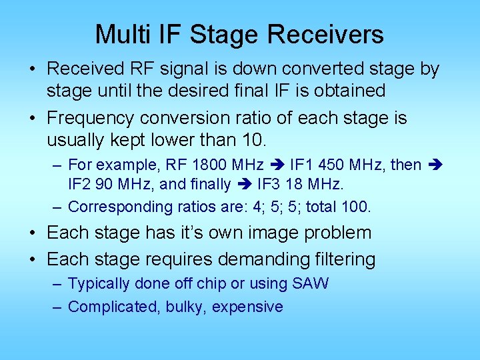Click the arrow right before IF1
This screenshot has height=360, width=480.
(277, 165)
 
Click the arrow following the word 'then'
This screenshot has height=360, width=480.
(434, 165)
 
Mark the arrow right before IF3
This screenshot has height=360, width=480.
(244, 183)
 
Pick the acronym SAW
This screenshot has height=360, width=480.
(310, 283)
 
